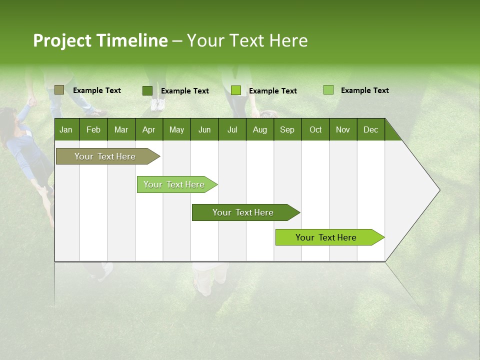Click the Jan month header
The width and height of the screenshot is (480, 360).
point(66,129)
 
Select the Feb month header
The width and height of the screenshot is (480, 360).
point(93,129)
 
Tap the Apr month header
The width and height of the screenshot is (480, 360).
point(148,129)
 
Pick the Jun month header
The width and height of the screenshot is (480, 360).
point(204,129)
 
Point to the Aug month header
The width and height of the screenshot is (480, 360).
point(259,129)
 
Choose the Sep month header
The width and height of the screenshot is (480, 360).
point(287,129)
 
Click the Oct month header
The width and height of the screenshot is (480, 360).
point(315,129)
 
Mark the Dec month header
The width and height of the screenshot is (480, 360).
point(370,129)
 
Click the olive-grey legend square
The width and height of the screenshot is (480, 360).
point(59,90)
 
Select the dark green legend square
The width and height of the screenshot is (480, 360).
point(147,90)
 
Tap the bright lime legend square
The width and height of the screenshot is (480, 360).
point(236,90)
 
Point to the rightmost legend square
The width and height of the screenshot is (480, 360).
point(328,90)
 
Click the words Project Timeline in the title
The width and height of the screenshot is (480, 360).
point(100,40)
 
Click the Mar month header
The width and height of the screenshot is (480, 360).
point(121,129)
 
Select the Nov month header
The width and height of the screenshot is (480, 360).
point(343,129)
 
